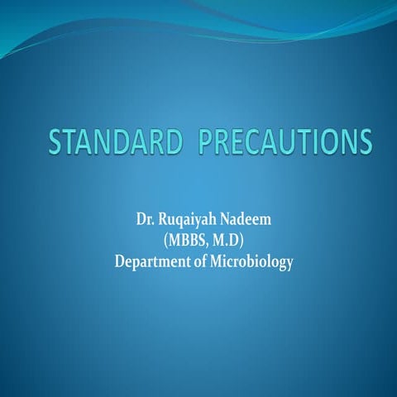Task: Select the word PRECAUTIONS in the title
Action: coord(276,142)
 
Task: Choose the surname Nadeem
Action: coord(246,222)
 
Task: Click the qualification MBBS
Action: coord(191,242)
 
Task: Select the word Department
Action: coord(154,263)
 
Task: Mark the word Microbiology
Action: coord(254,263)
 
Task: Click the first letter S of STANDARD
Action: coord(56,142)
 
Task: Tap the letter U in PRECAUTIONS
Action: coord(285,142)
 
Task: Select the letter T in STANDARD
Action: coord(73,142)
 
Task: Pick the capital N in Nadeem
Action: coord(226,222)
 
